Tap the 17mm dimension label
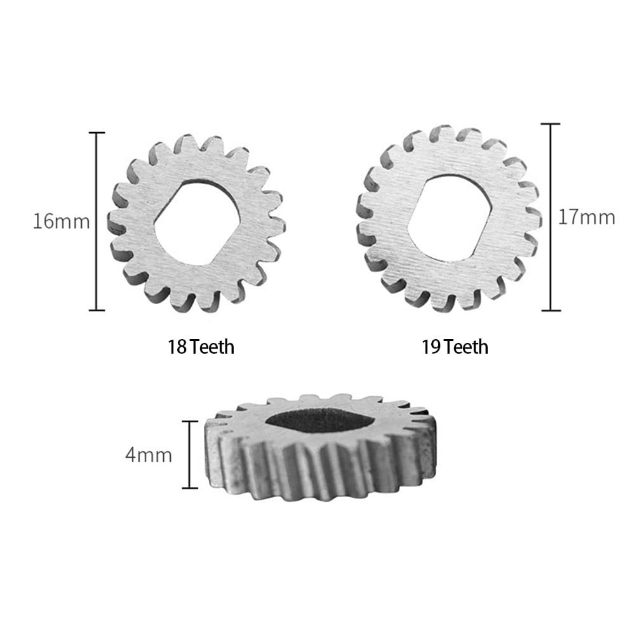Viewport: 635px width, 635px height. (586, 217)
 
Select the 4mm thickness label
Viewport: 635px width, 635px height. (148, 455)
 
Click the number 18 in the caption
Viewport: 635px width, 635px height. (177, 347)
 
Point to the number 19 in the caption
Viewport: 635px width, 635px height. (431, 347)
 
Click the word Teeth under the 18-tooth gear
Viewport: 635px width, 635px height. (212, 347)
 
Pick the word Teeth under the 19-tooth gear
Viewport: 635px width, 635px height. (466, 347)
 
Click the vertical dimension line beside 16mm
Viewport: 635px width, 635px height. (97, 222)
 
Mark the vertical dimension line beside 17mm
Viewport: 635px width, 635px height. (550, 217)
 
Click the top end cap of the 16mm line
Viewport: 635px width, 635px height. (97, 133)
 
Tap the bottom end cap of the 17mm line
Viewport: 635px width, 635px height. (550, 311)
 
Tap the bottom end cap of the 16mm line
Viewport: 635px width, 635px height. (97, 311)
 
